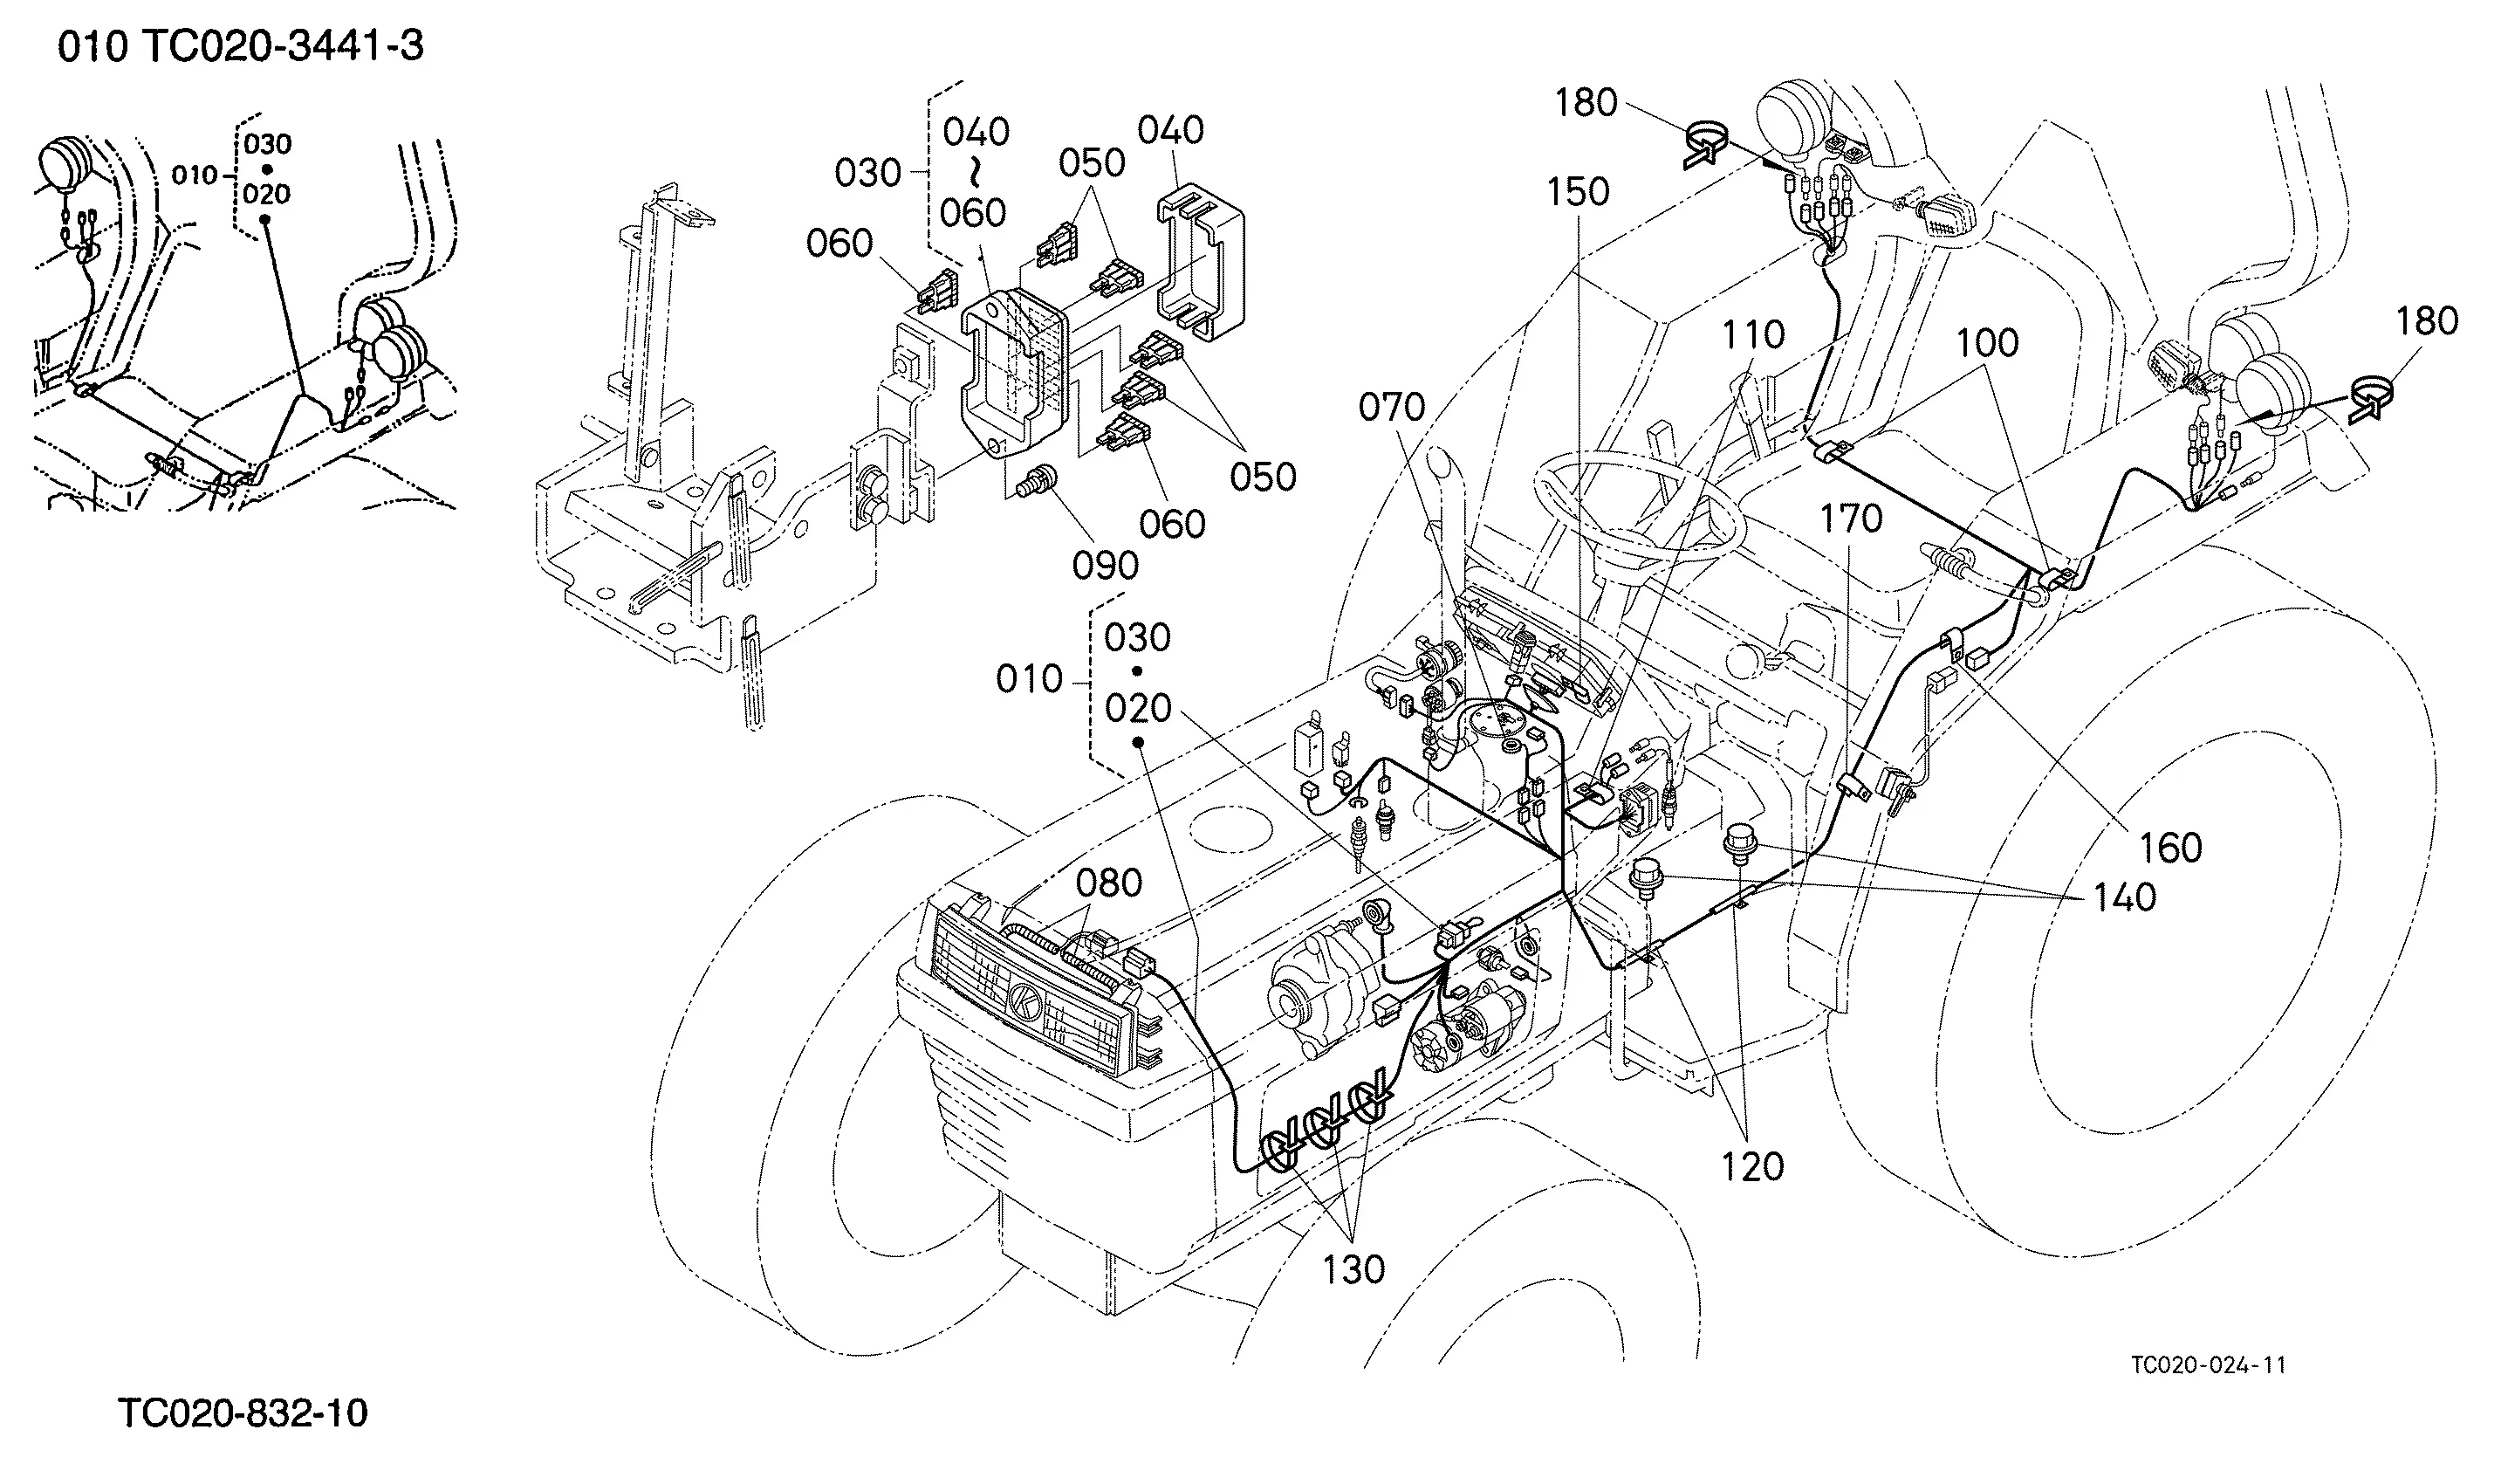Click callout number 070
pos(1391,407)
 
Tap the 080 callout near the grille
pos(1108,883)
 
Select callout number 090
pos(1106,566)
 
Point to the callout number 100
pos(1987,343)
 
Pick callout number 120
pos(1752,1167)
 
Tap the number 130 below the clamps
pos(1354,1269)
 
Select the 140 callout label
pos(2125,897)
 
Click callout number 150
pos(1578,193)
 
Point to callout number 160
pos(2170,849)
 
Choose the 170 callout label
pos(1851,519)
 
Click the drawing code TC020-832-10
pos(243,1412)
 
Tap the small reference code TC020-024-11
pos(2208,1364)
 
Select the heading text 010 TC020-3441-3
pos(241,46)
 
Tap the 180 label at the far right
pos(2427,321)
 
